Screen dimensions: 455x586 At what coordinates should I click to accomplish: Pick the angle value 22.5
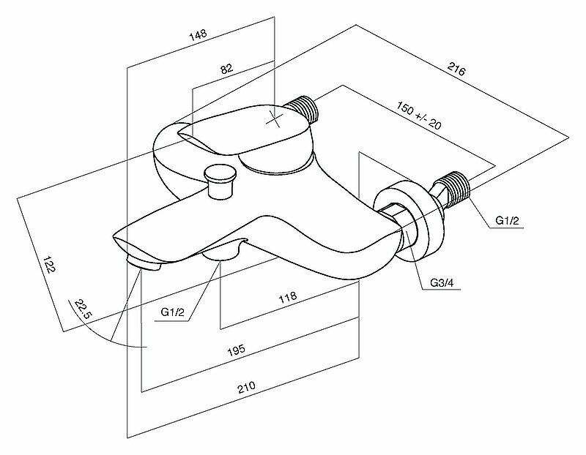79,311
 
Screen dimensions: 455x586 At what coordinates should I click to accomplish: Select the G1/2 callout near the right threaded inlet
507,220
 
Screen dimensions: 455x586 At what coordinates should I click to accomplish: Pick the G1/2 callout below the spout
174,312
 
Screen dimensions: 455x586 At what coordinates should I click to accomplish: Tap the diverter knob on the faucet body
219,178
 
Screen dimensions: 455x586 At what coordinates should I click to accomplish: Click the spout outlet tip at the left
144,262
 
